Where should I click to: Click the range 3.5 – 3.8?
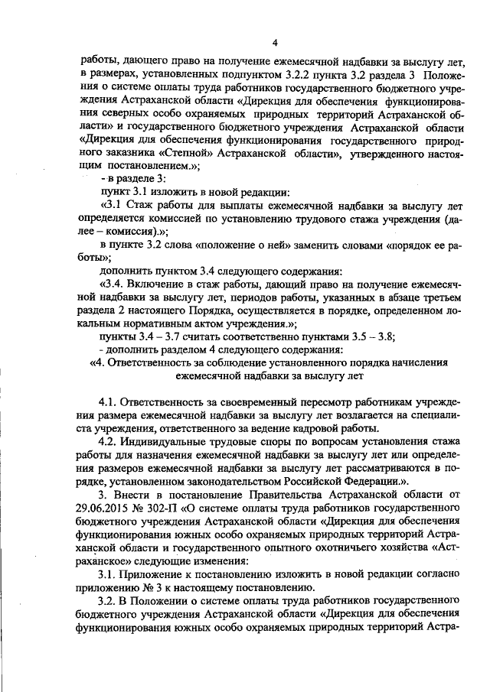371,336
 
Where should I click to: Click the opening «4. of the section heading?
97,362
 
